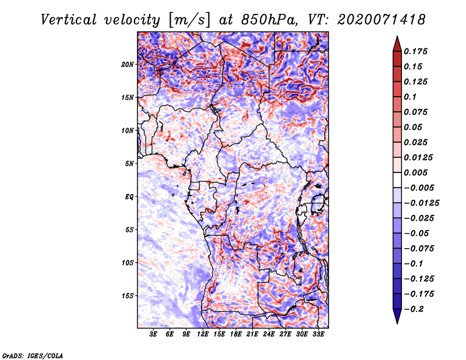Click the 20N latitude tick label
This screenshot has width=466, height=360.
tap(127, 65)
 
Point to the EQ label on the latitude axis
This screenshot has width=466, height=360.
tap(129, 197)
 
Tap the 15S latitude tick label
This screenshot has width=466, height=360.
tap(127, 296)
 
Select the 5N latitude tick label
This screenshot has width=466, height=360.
tap(129, 164)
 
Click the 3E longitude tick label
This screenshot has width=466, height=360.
tap(153, 334)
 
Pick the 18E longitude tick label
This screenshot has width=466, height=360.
tap(236, 334)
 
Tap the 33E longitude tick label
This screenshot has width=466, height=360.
tap(318, 334)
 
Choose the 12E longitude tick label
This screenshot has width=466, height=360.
tap(203, 334)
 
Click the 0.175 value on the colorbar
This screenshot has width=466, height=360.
tap(415, 51)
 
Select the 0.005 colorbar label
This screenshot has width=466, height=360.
tap(415, 172)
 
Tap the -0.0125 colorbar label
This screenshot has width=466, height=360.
tap(421, 203)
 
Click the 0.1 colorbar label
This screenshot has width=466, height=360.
tap(410, 97)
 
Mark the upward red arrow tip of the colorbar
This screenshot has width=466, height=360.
tap(397, 36)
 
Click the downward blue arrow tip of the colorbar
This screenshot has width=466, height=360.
tap(397, 323)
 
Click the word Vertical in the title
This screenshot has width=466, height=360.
tap(69, 20)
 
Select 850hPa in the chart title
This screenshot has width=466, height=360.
tap(269, 20)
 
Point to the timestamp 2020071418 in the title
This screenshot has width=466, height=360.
tap(382, 20)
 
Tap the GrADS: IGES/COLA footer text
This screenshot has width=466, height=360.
tap(33, 356)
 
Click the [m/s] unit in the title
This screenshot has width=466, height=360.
tap(189, 20)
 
